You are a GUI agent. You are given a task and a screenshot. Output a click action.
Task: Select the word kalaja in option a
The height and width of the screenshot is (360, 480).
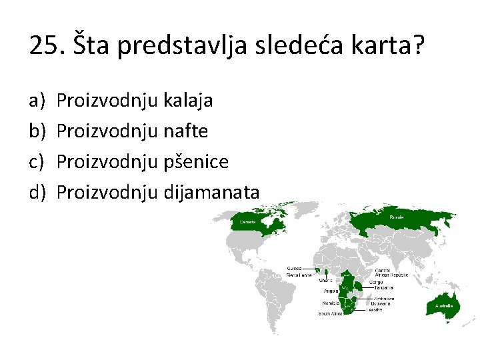tap(188, 101)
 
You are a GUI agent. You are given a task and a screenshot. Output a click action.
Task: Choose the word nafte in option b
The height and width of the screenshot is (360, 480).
tap(185, 131)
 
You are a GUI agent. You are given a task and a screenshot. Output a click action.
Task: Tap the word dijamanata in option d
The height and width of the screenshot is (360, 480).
tap(211, 193)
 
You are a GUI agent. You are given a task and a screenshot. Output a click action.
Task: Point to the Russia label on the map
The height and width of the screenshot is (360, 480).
tap(397, 217)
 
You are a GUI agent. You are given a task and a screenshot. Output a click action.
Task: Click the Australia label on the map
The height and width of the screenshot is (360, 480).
tap(444, 306)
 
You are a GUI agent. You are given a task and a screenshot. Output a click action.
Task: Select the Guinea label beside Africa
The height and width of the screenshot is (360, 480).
tap(294, 269)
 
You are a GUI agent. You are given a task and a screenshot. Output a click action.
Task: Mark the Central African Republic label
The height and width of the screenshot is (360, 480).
tap(389, 272)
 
